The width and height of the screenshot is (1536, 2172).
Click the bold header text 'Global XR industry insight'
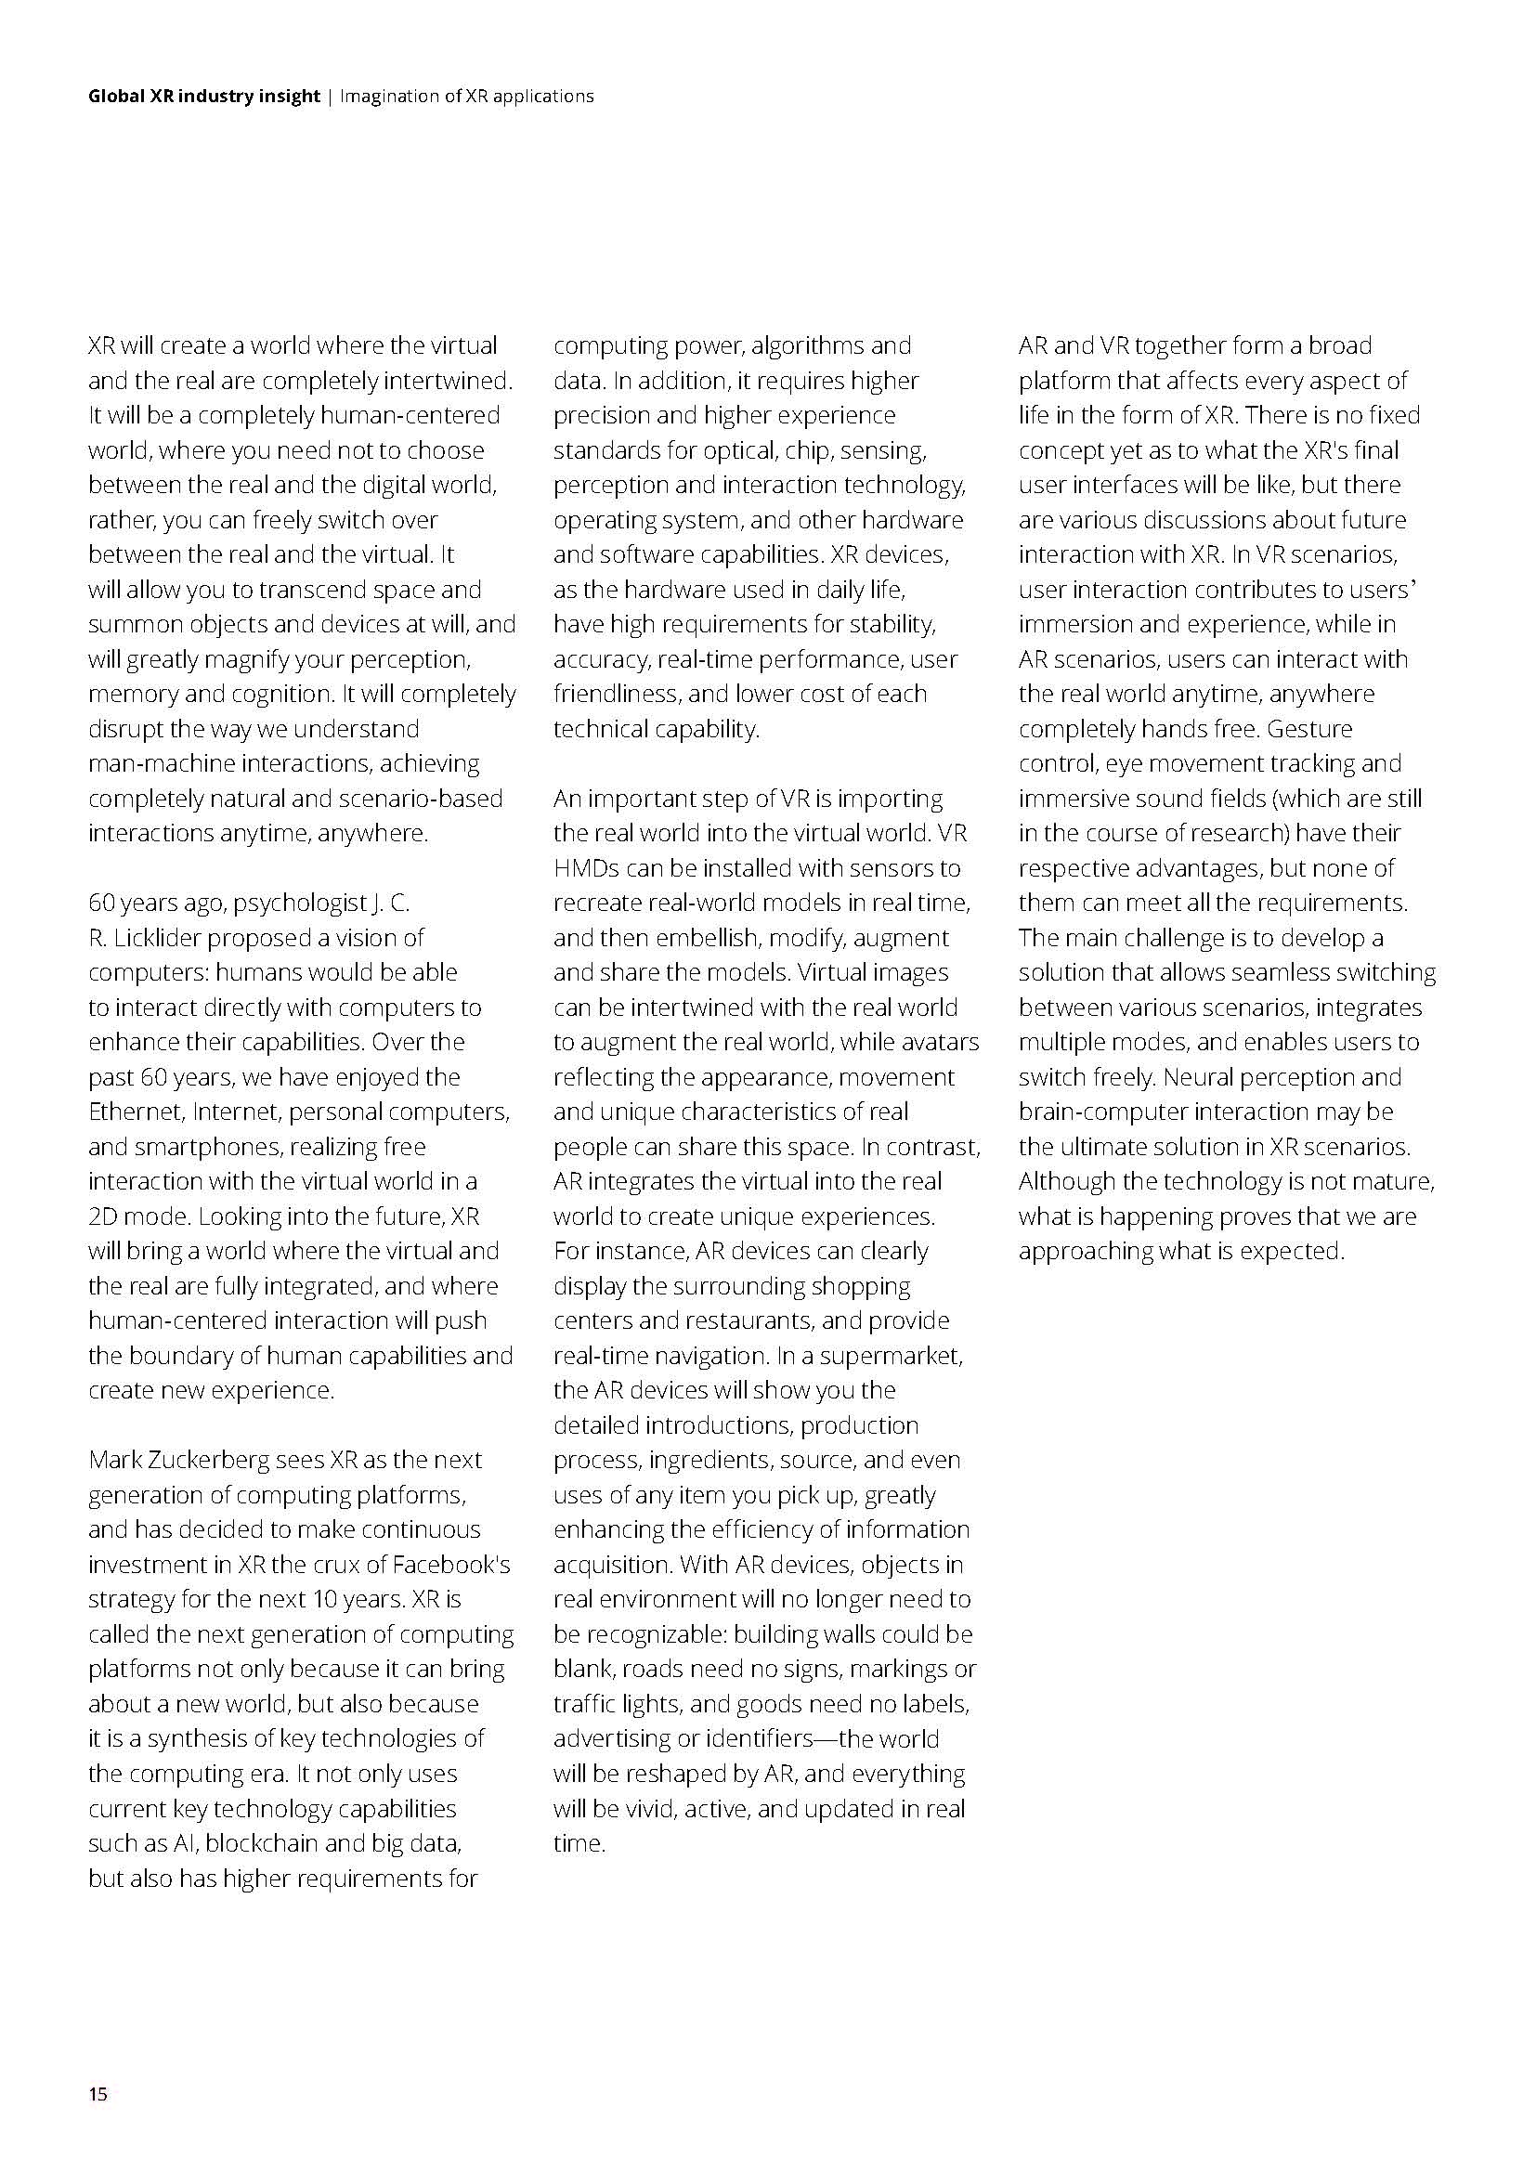click(x=203, y=96)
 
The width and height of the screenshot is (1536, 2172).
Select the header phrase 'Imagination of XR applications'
click(x=466, y=96)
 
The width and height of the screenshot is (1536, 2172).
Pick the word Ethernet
click(x=134, y=1112)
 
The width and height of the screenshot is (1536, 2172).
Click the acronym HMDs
click(x=586, y=868)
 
